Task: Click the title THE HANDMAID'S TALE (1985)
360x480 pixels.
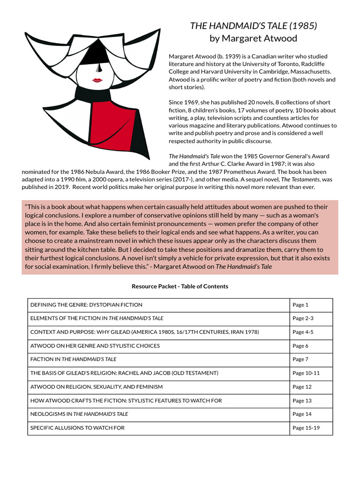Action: tap(253, 26)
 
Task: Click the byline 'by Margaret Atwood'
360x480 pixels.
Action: tap(253, 38)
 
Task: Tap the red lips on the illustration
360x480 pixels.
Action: tap(97, 80)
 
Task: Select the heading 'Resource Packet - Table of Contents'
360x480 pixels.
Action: tap(180, 286)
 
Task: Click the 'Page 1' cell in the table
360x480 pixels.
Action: tap(300, 305)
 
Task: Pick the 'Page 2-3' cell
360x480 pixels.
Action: tap(303, 318)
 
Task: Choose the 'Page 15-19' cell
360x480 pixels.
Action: tap(306, 428)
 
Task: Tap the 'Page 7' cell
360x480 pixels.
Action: tap(300, 360)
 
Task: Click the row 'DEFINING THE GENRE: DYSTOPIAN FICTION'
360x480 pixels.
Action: tap(86, 305)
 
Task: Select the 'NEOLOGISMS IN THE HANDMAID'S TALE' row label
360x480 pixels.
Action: tap(79, 414)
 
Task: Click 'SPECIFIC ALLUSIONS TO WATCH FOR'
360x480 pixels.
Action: tap(77, 428)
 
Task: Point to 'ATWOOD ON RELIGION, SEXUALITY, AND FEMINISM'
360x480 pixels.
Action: tap(97, 387)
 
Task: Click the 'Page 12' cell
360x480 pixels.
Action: tap(302, 387)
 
